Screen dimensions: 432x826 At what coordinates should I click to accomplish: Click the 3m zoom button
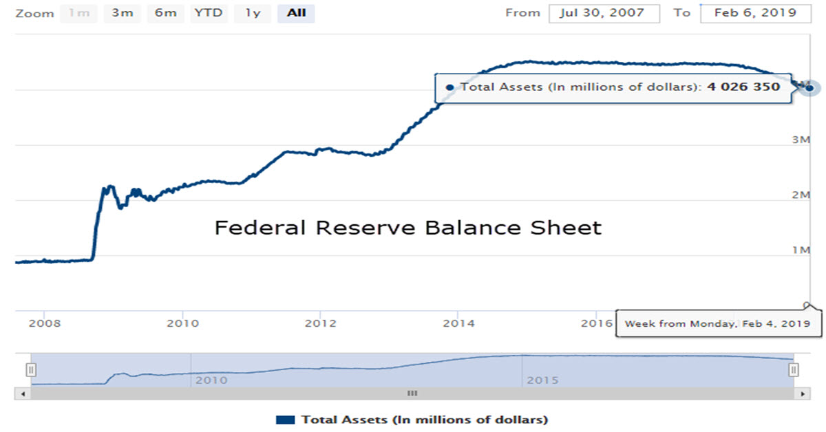tap(122, 13)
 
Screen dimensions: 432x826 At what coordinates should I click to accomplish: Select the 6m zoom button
tap(165, 13)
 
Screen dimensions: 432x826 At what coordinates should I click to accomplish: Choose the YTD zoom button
tap(209, 13)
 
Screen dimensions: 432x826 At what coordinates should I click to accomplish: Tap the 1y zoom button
tap(253, 13)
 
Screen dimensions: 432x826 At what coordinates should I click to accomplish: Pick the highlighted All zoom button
tap(296, 13)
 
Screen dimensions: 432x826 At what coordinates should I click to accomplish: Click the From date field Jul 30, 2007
tap(604, 13)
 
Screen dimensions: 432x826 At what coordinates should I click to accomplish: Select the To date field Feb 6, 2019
tap(755, 13)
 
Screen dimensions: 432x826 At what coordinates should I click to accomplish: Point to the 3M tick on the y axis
tap(800, 140)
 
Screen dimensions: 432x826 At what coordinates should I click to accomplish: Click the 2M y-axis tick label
tap(800, 195)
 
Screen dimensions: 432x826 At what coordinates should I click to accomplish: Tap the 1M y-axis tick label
tap(800, 250)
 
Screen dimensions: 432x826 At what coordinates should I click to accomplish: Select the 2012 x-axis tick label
tap(320, 323)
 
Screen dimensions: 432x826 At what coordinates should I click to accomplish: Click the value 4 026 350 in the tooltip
tap(743, 87)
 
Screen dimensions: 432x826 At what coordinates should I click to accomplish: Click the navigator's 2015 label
tap(541, 380)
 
